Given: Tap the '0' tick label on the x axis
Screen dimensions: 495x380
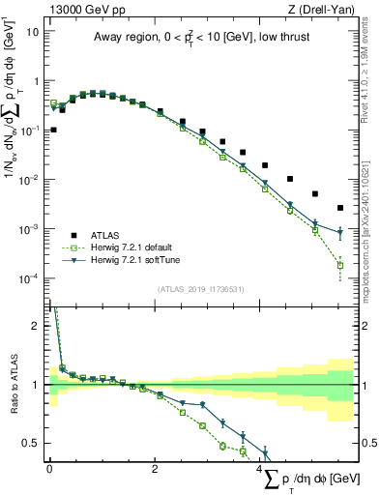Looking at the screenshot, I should coord(49,469).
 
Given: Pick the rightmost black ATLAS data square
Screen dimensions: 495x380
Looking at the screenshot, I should coord(339,208).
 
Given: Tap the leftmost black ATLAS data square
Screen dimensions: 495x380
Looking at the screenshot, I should coord(53,130).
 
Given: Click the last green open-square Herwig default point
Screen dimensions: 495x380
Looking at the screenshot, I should coord(339,265).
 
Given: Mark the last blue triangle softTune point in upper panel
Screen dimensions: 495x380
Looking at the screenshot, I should coord(339,233).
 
